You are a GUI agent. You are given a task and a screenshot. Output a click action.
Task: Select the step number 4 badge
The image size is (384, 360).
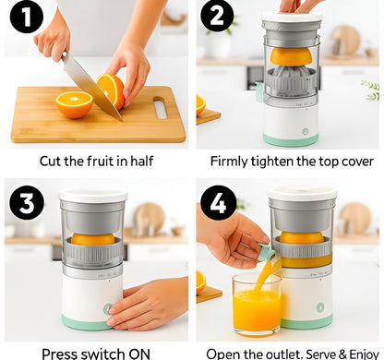[219, 203]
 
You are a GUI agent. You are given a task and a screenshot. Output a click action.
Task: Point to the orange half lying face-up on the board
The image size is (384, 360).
[74, 104]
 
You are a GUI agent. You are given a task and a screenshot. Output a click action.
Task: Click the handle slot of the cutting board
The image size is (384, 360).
[161, 109]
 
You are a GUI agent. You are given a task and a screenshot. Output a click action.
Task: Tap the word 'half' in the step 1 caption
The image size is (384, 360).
[138, 161]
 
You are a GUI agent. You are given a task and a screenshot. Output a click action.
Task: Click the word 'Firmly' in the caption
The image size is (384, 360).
[232, 161]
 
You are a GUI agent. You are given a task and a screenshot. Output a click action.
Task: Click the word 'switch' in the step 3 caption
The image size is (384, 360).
[105, 353]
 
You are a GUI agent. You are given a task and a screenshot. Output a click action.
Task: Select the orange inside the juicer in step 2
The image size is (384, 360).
[292, 57]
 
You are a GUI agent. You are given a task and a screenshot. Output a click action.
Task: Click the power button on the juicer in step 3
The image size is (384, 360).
[109, 308]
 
